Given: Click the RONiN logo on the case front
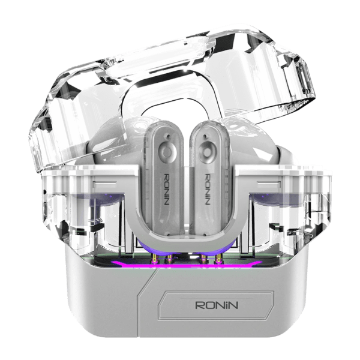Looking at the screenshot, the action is click(217, 305).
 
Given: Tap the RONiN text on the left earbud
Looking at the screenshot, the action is click(167, 190).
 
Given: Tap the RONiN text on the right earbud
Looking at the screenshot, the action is click(207, 190).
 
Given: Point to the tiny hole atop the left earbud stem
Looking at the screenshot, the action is click(169, 137).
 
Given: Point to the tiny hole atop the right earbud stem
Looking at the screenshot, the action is click(206, 137).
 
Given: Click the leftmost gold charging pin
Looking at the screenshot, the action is click(155, 259).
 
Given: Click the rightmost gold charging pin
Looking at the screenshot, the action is click(218, 259).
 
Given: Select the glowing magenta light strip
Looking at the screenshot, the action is click(187, 265).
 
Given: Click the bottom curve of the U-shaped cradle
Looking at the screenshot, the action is click(187, 244).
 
